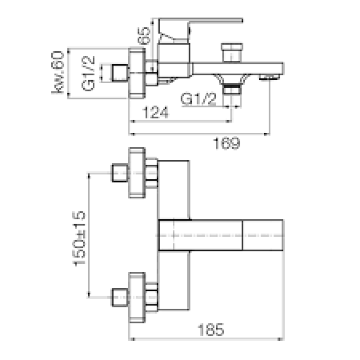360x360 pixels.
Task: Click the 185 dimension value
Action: [x=211, y=330]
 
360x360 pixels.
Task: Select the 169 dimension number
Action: [x=227, y=143]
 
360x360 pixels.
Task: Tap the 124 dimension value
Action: [x=155, y=112]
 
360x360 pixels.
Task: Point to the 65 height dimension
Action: [x=144, y=36]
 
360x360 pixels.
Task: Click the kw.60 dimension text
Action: [x=58, y=72]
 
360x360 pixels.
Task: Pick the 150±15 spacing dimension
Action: [x=79, y=238]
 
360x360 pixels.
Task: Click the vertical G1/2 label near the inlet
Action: [x=88, y=73]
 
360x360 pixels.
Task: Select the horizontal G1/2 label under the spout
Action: [x=198, y=99]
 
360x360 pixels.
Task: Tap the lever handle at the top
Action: [x=200, y=30]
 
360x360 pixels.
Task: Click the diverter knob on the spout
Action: [x=232, y=53]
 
